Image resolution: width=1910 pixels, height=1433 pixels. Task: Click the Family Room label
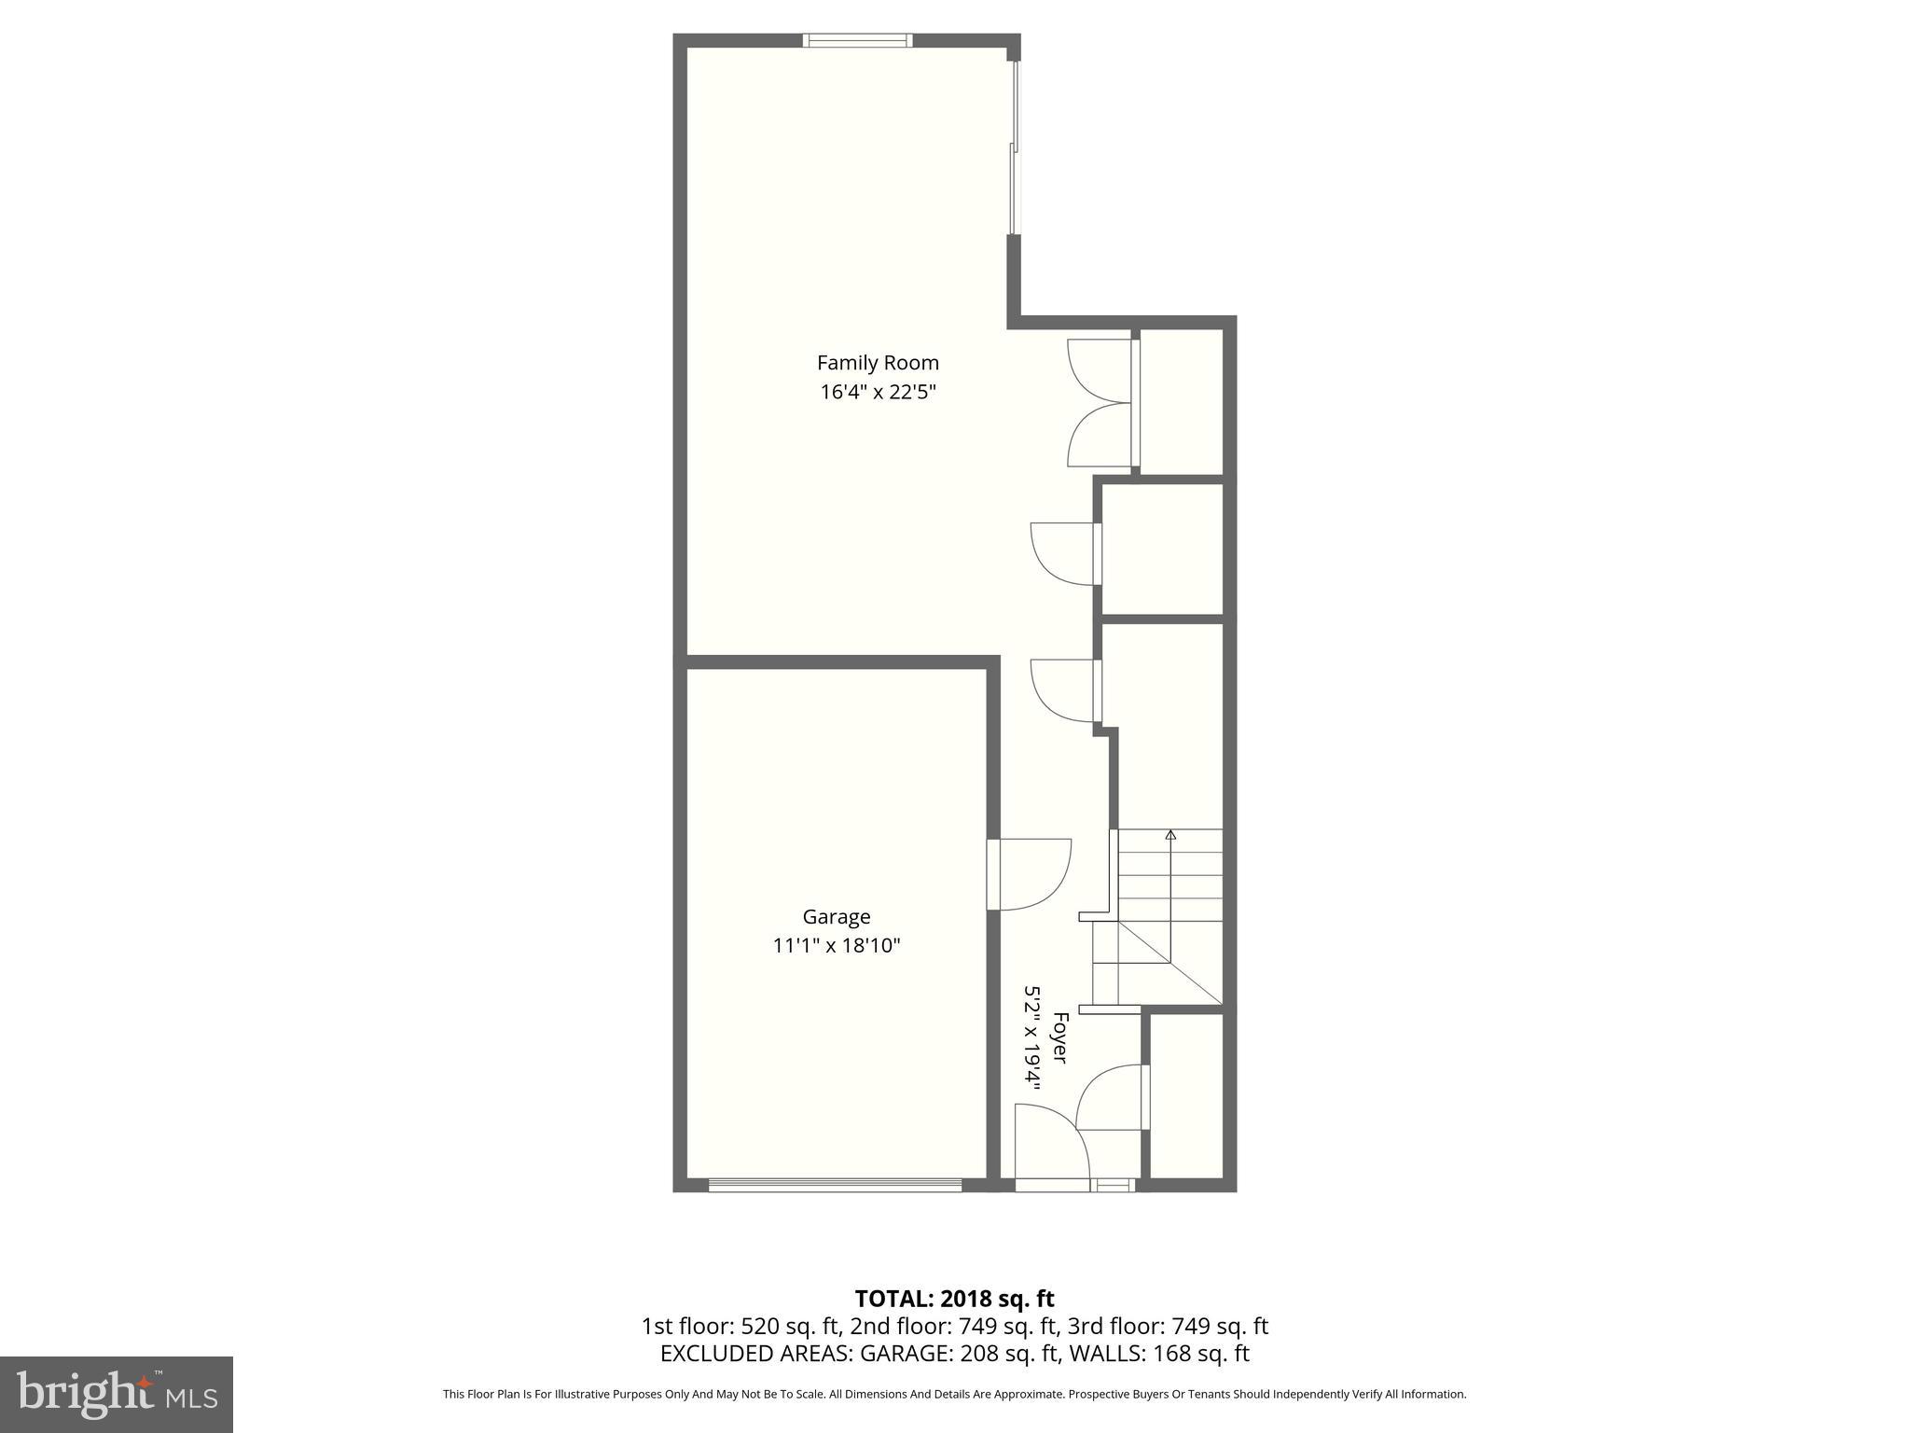click(878, 363)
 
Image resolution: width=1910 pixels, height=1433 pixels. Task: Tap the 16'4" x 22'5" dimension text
click(878, 392)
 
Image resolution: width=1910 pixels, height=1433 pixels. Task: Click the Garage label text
click(837, 917)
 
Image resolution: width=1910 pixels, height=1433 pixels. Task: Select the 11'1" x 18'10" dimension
click(837, 946)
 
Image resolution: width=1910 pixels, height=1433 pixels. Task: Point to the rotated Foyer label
click(1059, 1037)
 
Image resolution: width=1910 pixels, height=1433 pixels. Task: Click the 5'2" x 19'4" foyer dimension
click(1032, 1037)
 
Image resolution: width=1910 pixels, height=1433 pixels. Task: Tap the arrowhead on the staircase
click(1170, 835)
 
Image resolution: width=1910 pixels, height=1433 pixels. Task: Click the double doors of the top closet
click(1100, 403)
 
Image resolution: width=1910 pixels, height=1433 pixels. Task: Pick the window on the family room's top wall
click(857, 40)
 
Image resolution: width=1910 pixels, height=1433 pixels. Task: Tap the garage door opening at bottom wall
click(835, 1186)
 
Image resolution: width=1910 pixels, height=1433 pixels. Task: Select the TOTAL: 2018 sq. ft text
click(954, 1299)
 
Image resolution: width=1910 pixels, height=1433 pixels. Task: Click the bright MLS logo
click(117, 1395)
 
